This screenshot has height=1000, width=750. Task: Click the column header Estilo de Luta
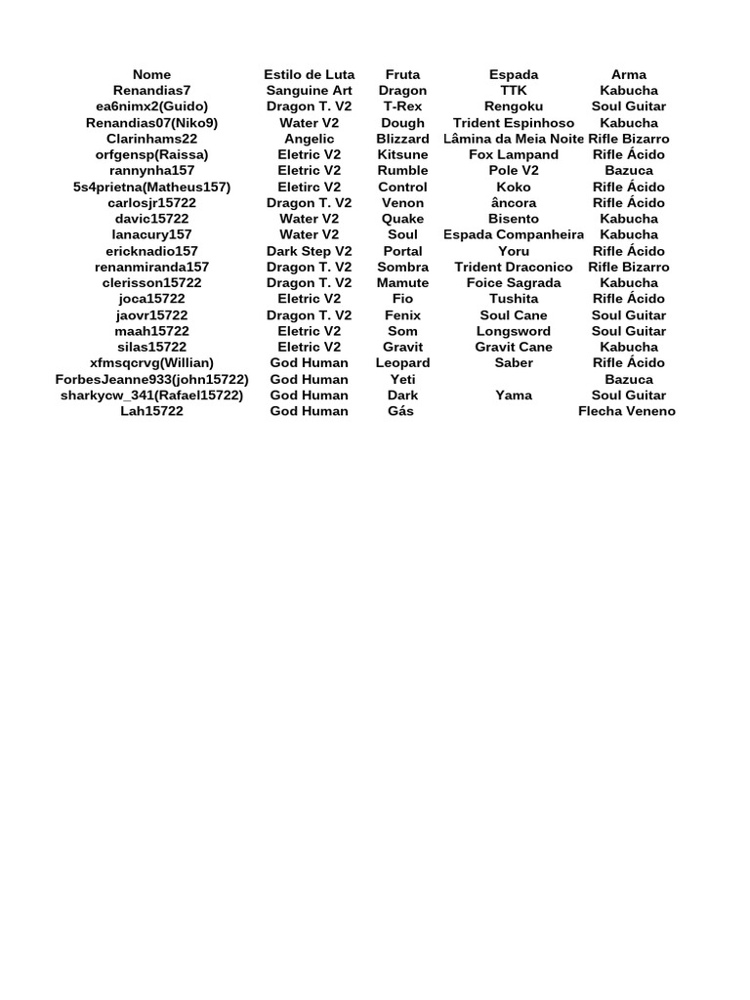(309, 74)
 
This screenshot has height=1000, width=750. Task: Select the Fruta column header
(402, 74)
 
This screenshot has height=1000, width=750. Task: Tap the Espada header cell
(514, 74)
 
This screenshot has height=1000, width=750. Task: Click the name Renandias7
(151, 91)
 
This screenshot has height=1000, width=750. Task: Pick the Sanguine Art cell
(309, 91)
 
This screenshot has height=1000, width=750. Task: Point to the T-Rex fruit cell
(402, 106)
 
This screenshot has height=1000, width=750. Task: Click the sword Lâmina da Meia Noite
(513, 139)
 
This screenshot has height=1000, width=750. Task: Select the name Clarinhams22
(151, 139)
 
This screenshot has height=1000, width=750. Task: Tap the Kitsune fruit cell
(402, 154)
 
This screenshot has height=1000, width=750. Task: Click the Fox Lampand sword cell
(514, 154)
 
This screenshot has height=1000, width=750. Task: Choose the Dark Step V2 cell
(309, 251)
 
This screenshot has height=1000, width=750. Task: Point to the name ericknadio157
(151, 251)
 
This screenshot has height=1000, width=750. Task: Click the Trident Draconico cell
(514, 267)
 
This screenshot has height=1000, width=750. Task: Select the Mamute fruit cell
(402, 283)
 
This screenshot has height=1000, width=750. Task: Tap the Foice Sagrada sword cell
(514, 283)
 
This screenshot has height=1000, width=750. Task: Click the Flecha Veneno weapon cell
(627, 411)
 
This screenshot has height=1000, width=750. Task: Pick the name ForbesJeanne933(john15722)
(151, 379)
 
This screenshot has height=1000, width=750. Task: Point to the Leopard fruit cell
(402, 363)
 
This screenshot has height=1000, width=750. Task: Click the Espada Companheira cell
(514, 234)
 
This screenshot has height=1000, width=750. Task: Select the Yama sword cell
(514, 396)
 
